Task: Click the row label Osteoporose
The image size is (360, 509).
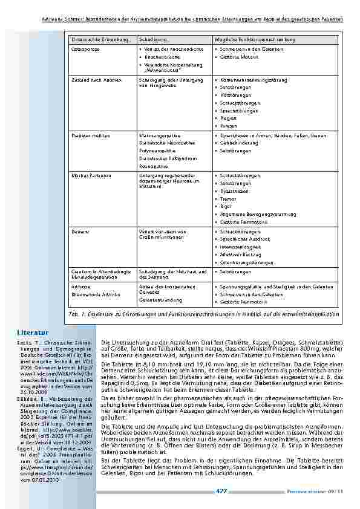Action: [x=84, y=49]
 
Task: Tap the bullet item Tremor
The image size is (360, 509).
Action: [x=227, y=199]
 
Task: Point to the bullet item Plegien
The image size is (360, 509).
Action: [x=227, y=118]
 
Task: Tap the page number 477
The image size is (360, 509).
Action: [x=221, y=491]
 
